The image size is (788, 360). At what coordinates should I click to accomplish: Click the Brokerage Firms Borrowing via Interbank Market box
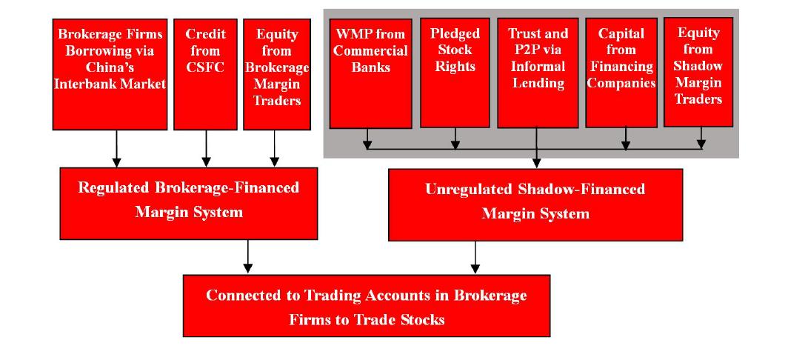[110, 74]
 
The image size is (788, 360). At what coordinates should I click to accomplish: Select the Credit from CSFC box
[206, 74]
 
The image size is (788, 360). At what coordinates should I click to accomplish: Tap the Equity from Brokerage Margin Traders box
[277, 74]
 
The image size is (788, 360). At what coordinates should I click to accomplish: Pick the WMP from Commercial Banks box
[371, 73]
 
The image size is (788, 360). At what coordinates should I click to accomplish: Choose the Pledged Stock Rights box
[455, 73]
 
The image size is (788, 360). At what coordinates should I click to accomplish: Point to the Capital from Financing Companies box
[621, 73]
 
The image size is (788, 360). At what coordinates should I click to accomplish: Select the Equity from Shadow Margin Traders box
[698, 72]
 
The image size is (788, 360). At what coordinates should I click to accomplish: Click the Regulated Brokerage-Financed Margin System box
[189, 203]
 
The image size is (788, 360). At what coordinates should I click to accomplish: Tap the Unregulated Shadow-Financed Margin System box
[535, 204]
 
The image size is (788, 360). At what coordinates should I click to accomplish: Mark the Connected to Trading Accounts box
[367, 306]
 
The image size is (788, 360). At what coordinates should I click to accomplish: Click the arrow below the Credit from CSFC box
[206, 148]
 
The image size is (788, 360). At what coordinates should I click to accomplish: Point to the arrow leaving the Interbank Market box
[116, 148]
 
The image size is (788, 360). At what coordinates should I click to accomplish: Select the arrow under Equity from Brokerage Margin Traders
[274, 148]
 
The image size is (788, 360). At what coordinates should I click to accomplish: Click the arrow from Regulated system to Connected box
[247, 256]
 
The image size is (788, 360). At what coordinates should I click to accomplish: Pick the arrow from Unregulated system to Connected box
[475, 258]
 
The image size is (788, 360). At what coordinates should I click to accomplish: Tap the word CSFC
[206, 67]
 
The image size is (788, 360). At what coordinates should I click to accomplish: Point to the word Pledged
[455, 33]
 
